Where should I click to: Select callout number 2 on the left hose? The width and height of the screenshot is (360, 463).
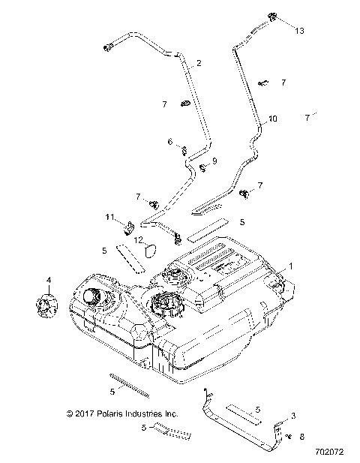pyautogui.click(x=199, y=64)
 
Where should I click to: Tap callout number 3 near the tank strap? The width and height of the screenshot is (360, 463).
pyautogui.click(x=293, y=415)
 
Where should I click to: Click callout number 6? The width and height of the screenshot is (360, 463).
pyautogui.click(x=169, y=140)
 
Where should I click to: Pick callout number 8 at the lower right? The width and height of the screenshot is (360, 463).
pyautogui.click(x=302, y=434)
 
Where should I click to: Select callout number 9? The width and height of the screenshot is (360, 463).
pyautogui.click(x=214, y=161)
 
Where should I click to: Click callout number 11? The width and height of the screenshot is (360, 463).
pyautogui.click(x=109, y=217)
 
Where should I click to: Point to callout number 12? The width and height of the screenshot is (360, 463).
pyautogui.click(x=138, y=239)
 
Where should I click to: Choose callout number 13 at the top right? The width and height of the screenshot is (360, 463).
pyautogui.click(x=300, y=31)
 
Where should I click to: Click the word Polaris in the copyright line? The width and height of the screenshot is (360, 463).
pyautogui.click(x=109, y=412)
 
